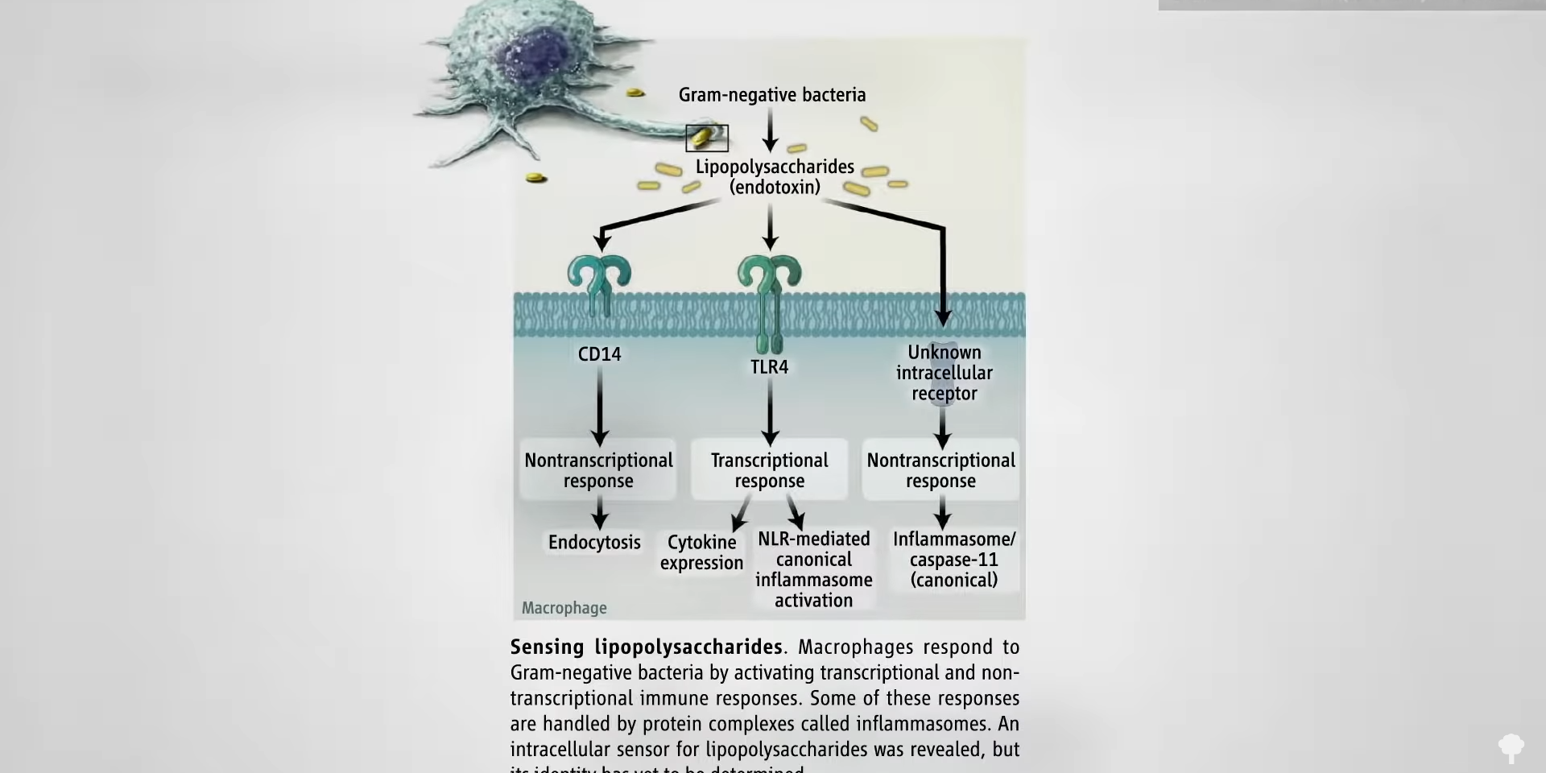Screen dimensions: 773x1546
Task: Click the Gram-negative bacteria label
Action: pyautogui.click(x=771, y=95)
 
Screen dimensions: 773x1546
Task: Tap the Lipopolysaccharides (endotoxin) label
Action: pyautogui.click(x=775, y=177)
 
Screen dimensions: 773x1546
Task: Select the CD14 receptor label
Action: pyautogui.click(x=599, y=354)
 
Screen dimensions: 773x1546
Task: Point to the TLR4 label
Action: pyautogui.click(x=769, y=367)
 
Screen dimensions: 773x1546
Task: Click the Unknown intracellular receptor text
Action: pyautogui.click(x=944, y=373)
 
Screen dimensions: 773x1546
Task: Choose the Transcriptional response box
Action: pyautogui.click(x=769, y=470)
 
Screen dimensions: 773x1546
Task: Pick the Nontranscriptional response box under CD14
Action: pyautogui.click(x=598, y=470)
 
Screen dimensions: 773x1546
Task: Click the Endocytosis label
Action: pyautogui.click(x=594, y=543)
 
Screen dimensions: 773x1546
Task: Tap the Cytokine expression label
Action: pyautogui.click(x=701, y=552)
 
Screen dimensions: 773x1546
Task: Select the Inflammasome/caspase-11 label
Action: pyautogui.click(x=954, y=560)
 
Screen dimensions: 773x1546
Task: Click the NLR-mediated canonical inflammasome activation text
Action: pyautogui.click(x=813, y=569)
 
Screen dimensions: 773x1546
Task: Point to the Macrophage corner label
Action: pyautogui.click(x=564, y=609)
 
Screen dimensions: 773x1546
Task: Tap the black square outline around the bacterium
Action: pyautogui.click(x=707, y=138)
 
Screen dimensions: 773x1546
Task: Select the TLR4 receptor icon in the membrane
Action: pyautogui.click(x=770, y=298)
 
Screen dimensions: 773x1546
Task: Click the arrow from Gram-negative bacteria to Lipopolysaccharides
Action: pyautogui.click(x=771, y=130)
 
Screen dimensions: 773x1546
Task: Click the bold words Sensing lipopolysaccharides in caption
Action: pyautogui.click(x=646, y=647)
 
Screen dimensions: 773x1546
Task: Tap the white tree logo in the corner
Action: pyautogui.click(x=1511, y=747)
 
